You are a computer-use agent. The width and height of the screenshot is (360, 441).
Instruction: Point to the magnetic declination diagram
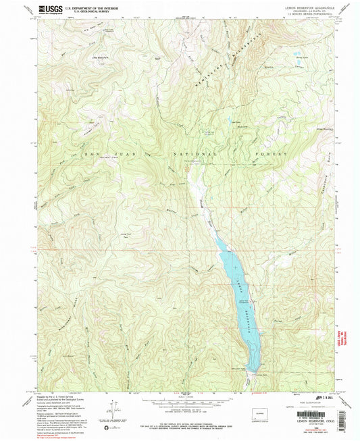pos(108,411)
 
